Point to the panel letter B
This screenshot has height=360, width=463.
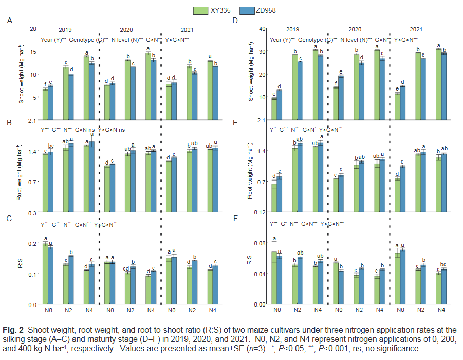click(x=9, y=123)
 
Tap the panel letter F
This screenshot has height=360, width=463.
click(x=235, y=218)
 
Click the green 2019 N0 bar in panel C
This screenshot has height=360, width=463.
click(x=45, y=274)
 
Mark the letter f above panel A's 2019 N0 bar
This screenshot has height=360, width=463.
click(x=45, y=85)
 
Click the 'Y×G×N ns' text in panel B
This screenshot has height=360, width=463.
click(x=112, y=130)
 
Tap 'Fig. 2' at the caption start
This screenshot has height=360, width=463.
click(x=14, y=329)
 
